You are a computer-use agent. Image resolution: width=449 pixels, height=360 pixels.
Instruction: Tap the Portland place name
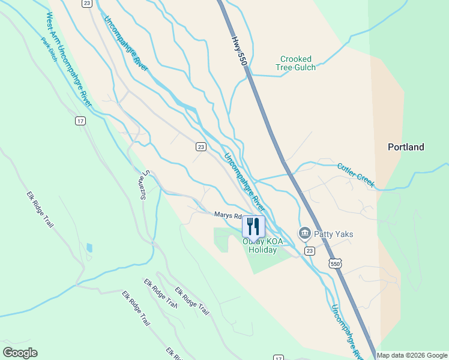[406, 147]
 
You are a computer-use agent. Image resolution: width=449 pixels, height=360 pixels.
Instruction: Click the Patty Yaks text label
[334, 234]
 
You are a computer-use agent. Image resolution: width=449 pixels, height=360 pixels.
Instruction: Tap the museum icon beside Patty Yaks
[304, 233]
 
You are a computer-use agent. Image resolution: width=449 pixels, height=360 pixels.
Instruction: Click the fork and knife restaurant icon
[253, 226]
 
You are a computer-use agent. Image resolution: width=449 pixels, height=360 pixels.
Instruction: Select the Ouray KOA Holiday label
[260, 246]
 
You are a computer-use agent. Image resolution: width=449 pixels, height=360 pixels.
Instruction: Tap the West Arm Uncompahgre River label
[67, 60]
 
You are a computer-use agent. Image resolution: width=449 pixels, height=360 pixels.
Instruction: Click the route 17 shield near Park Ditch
[80, 121]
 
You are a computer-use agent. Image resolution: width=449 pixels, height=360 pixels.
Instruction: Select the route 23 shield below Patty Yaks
[309, 251]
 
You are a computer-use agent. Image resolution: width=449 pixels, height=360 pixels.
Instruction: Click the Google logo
[20, 353]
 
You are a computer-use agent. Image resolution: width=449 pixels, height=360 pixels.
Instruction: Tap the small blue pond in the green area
[89, 247]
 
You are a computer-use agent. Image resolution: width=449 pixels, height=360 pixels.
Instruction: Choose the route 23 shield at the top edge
[87, 4]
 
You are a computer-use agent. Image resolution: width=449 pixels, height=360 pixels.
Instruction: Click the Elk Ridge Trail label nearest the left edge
[40, 209]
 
